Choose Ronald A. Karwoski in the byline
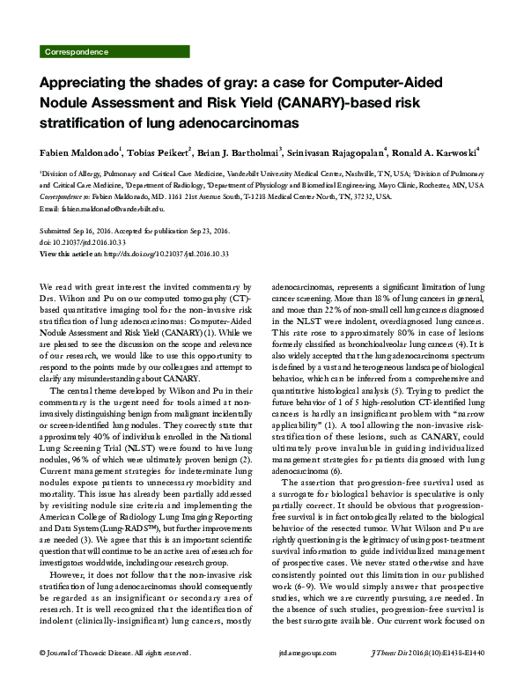click(436, 151)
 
